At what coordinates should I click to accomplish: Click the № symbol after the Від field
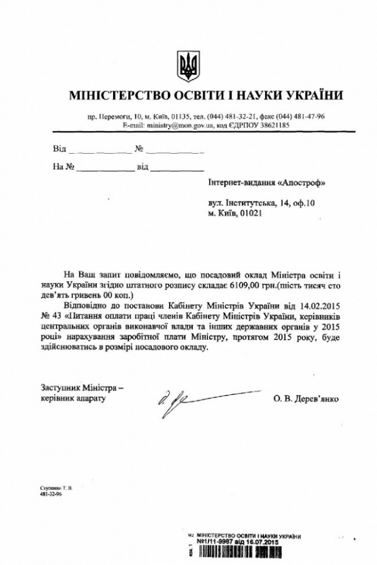click(x=139, y=150)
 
